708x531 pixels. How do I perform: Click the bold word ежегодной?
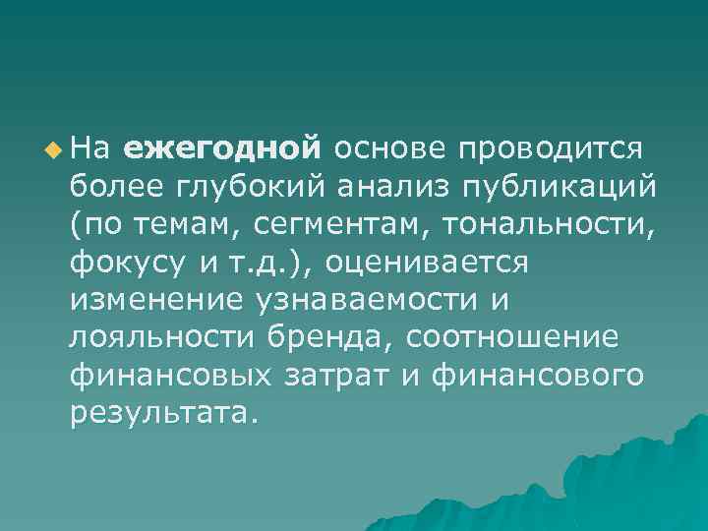point(223,148)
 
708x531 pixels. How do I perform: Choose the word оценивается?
point(427,264)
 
